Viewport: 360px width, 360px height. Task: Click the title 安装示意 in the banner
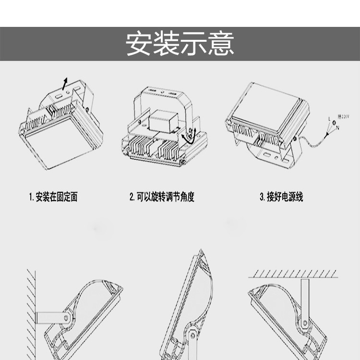coord(180,44)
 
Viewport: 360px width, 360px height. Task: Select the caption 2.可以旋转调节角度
coord(162,197)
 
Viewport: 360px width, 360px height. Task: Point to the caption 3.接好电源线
coord(281,197)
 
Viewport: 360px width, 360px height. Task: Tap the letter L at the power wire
coord(329,118)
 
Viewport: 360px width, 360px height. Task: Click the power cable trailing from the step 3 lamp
coord(312,141)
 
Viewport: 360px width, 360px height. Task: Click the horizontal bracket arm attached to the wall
coord(50,317)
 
